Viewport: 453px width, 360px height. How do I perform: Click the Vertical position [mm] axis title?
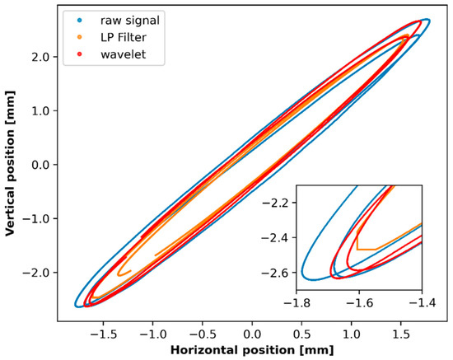coord(12,165)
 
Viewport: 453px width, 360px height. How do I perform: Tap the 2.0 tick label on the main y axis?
coord(40,57)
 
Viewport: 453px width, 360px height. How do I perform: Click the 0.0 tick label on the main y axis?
coord(40,165)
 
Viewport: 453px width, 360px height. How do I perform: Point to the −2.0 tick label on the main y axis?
coord(36,273)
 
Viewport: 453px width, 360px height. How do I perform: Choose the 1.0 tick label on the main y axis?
coord(40,110)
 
